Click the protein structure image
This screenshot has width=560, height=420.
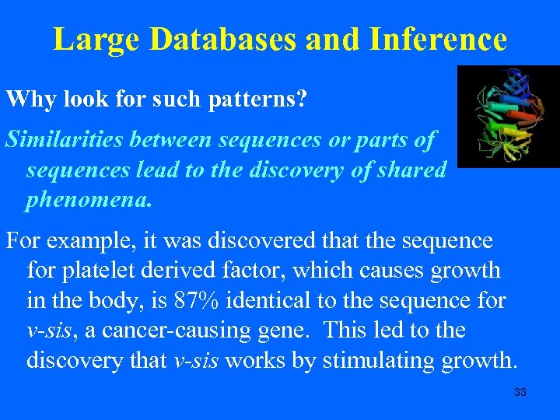point(508,117)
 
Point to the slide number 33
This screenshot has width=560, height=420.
point(520,392)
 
